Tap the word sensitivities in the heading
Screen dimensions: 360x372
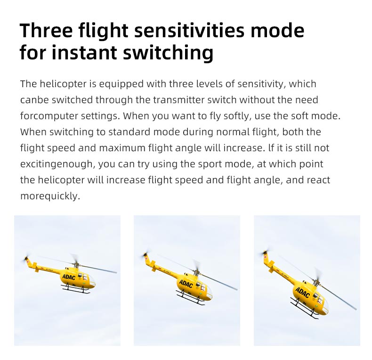pyautogui.click(x=188, y=31)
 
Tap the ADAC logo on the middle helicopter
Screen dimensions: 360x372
pyautogui.click(x=186, y=284)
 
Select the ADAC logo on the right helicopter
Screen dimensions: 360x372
pyautogui.click(x=302, y=293)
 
